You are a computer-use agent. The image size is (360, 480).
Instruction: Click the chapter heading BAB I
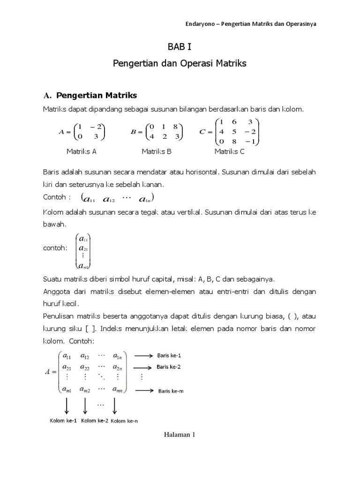pyautogui.click(x=180, y=47)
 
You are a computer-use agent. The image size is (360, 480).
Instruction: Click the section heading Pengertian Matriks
pyautogui.click(x=97, y=96)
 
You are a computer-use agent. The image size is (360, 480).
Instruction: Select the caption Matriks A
pyautogui.click(x=81, y=151)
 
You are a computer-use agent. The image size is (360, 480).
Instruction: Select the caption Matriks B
pyautogui.click(x=157, y=151)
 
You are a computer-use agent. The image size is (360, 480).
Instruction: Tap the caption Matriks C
pyautogui.click(x=230, y=151)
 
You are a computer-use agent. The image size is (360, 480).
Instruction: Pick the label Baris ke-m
pyautogui.click(x=170, y=390)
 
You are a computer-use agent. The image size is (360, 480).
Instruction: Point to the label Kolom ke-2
pyautogui.click(x=96, y=420)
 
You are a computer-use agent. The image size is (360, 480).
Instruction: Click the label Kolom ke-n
pyautogui.click(x=125, y=421)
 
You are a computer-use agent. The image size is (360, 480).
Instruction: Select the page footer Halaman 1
pyautogui.click(x=180, y=435)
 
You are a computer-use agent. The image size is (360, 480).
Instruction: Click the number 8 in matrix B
pyautogui.click(x=174, y=127)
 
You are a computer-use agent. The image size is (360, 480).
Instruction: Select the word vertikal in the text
pyautogui.click(x=187, y=212)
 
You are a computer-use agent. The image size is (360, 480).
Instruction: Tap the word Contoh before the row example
pyautogui.click(x=54, y=197)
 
